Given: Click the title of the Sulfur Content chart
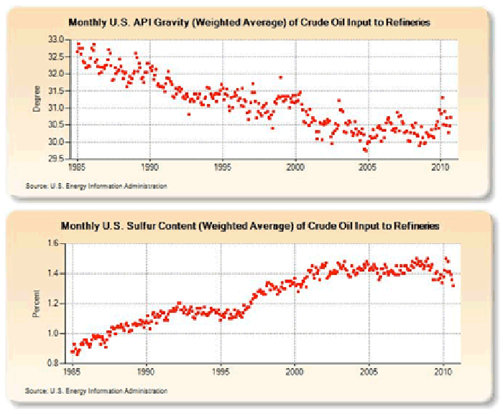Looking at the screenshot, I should tap(250, 226).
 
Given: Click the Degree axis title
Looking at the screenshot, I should tap(37, 99).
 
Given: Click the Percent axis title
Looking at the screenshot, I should tap(37, 304).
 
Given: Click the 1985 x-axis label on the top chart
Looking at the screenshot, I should tap(77, 167).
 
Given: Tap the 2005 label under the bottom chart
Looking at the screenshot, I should tap(369, 372).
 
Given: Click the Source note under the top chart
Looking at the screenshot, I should tap(96, 186).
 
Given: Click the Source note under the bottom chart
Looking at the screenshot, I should tap(96, 391).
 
